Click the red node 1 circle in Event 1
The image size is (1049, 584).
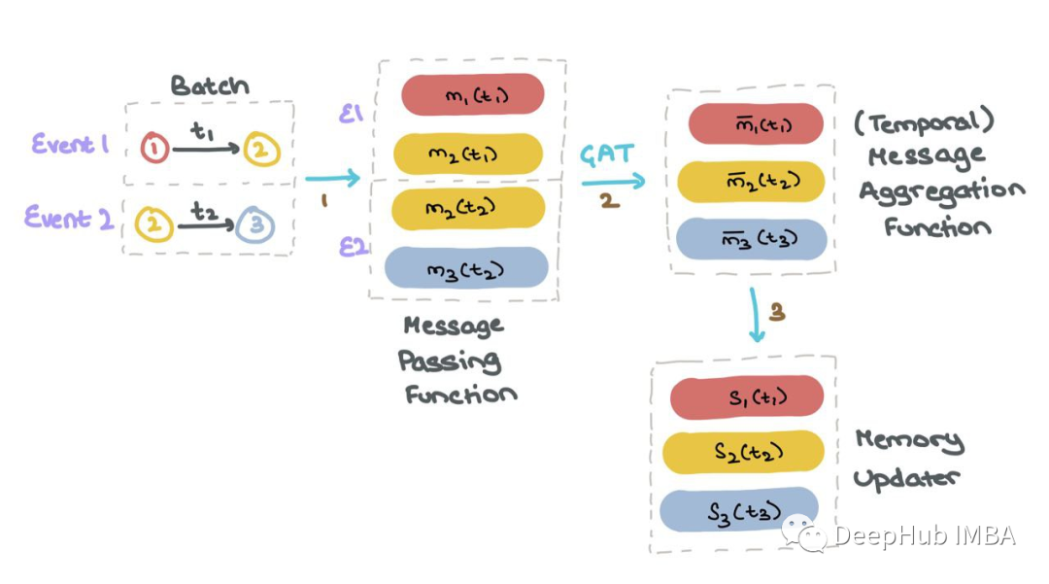click(155, 149)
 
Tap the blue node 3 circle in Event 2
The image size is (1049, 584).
click(258, 225)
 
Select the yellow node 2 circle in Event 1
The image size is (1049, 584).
click(263, 150)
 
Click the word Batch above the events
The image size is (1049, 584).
click(210, 85)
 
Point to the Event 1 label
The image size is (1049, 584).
click(69, 145)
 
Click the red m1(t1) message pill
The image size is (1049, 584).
click(472, 94)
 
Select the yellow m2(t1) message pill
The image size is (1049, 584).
click(468, 154)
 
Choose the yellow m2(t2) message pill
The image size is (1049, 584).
click(468, 208)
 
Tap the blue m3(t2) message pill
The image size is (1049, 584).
click(466, 268)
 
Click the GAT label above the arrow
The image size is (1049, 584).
click(608, 155)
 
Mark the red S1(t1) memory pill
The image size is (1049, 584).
click(747, 395)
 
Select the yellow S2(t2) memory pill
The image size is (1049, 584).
click(743, 452)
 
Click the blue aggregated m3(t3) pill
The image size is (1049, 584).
click(752, 239)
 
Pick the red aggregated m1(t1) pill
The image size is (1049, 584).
click(756, 123)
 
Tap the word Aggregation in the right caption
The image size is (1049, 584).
click(941, 190)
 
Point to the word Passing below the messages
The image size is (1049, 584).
click(450, 361)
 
